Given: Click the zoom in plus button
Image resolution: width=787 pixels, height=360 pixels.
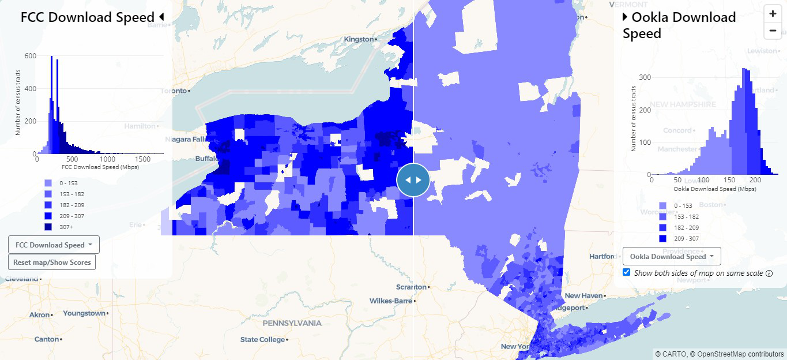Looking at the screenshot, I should (773, 14).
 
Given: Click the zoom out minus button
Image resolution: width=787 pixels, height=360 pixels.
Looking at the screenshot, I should (773, 31).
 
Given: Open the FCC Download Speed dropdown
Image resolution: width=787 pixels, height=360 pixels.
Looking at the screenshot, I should (54, 245).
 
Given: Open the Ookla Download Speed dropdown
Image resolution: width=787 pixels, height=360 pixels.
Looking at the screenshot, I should (672, 256).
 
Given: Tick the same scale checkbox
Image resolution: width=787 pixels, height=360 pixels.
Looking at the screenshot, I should (627, 272).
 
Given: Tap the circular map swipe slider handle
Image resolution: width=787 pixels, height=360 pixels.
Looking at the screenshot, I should (413, 180).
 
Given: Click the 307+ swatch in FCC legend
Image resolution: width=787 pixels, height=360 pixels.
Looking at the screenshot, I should (48, 227).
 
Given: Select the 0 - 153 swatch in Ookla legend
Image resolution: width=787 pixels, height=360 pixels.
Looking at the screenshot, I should (662, 206).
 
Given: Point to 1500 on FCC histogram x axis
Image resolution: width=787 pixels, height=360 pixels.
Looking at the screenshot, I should (140, 159).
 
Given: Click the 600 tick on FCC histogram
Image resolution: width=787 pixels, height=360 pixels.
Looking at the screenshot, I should (31, 56).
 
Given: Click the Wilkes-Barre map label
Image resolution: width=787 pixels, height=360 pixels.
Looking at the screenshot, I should (391, 301).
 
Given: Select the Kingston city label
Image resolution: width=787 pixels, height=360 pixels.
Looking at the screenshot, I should (359, 39).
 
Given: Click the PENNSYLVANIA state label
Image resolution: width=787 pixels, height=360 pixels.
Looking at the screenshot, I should (292, 323).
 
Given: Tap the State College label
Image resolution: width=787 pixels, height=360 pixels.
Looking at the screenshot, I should (262, 339).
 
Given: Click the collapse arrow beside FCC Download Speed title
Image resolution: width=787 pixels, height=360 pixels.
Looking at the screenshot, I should (161, 17).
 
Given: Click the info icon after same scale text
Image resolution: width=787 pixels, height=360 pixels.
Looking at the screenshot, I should (769, 273).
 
